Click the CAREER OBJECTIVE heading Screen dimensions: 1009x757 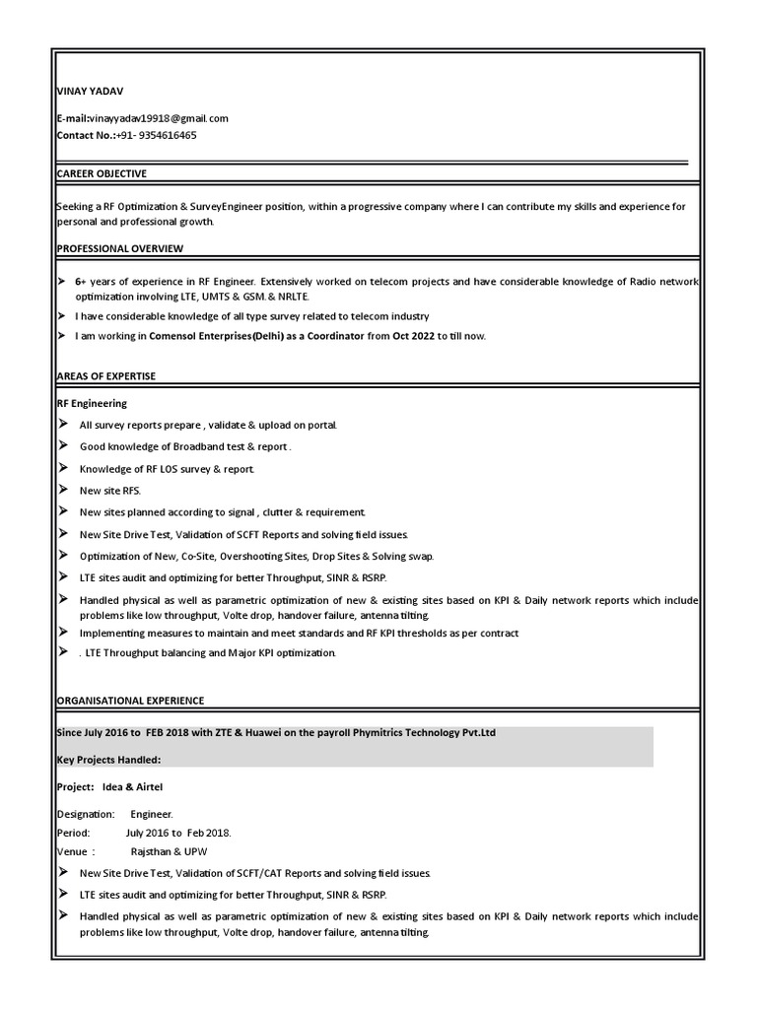click(102, 173)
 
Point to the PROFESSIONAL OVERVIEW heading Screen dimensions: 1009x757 click(119, 248)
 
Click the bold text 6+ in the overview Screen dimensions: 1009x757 click(81, 282)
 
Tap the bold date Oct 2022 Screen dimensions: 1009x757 click(414, 336)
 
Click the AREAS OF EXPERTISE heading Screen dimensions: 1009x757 click(105, 376)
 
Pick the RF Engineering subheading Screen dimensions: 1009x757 click(92, 403)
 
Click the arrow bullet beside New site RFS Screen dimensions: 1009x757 click(63, 490)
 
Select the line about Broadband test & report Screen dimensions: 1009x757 click(185, 446)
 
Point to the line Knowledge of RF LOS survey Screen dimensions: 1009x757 click(167, 468)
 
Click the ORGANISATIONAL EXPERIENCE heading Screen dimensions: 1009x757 click(130, 701)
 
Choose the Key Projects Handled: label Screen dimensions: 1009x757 click(108, 760)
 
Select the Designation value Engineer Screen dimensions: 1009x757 click(152, 815)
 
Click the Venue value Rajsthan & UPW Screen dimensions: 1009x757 click(169, 851)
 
